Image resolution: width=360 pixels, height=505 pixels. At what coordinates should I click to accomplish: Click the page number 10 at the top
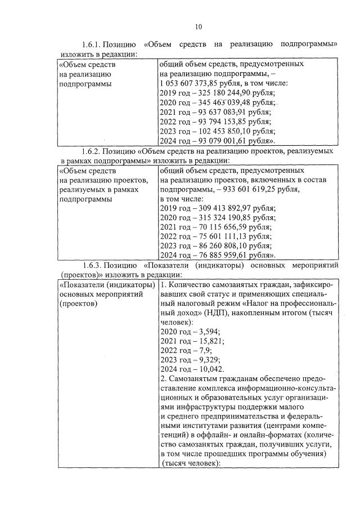tap(198, 26)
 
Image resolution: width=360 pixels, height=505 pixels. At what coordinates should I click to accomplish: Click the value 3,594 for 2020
tap(208, 331)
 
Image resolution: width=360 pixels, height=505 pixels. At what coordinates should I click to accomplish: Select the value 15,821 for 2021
tap(210, 341)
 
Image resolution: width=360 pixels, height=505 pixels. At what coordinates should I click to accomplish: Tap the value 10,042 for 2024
tap(210, 369)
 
